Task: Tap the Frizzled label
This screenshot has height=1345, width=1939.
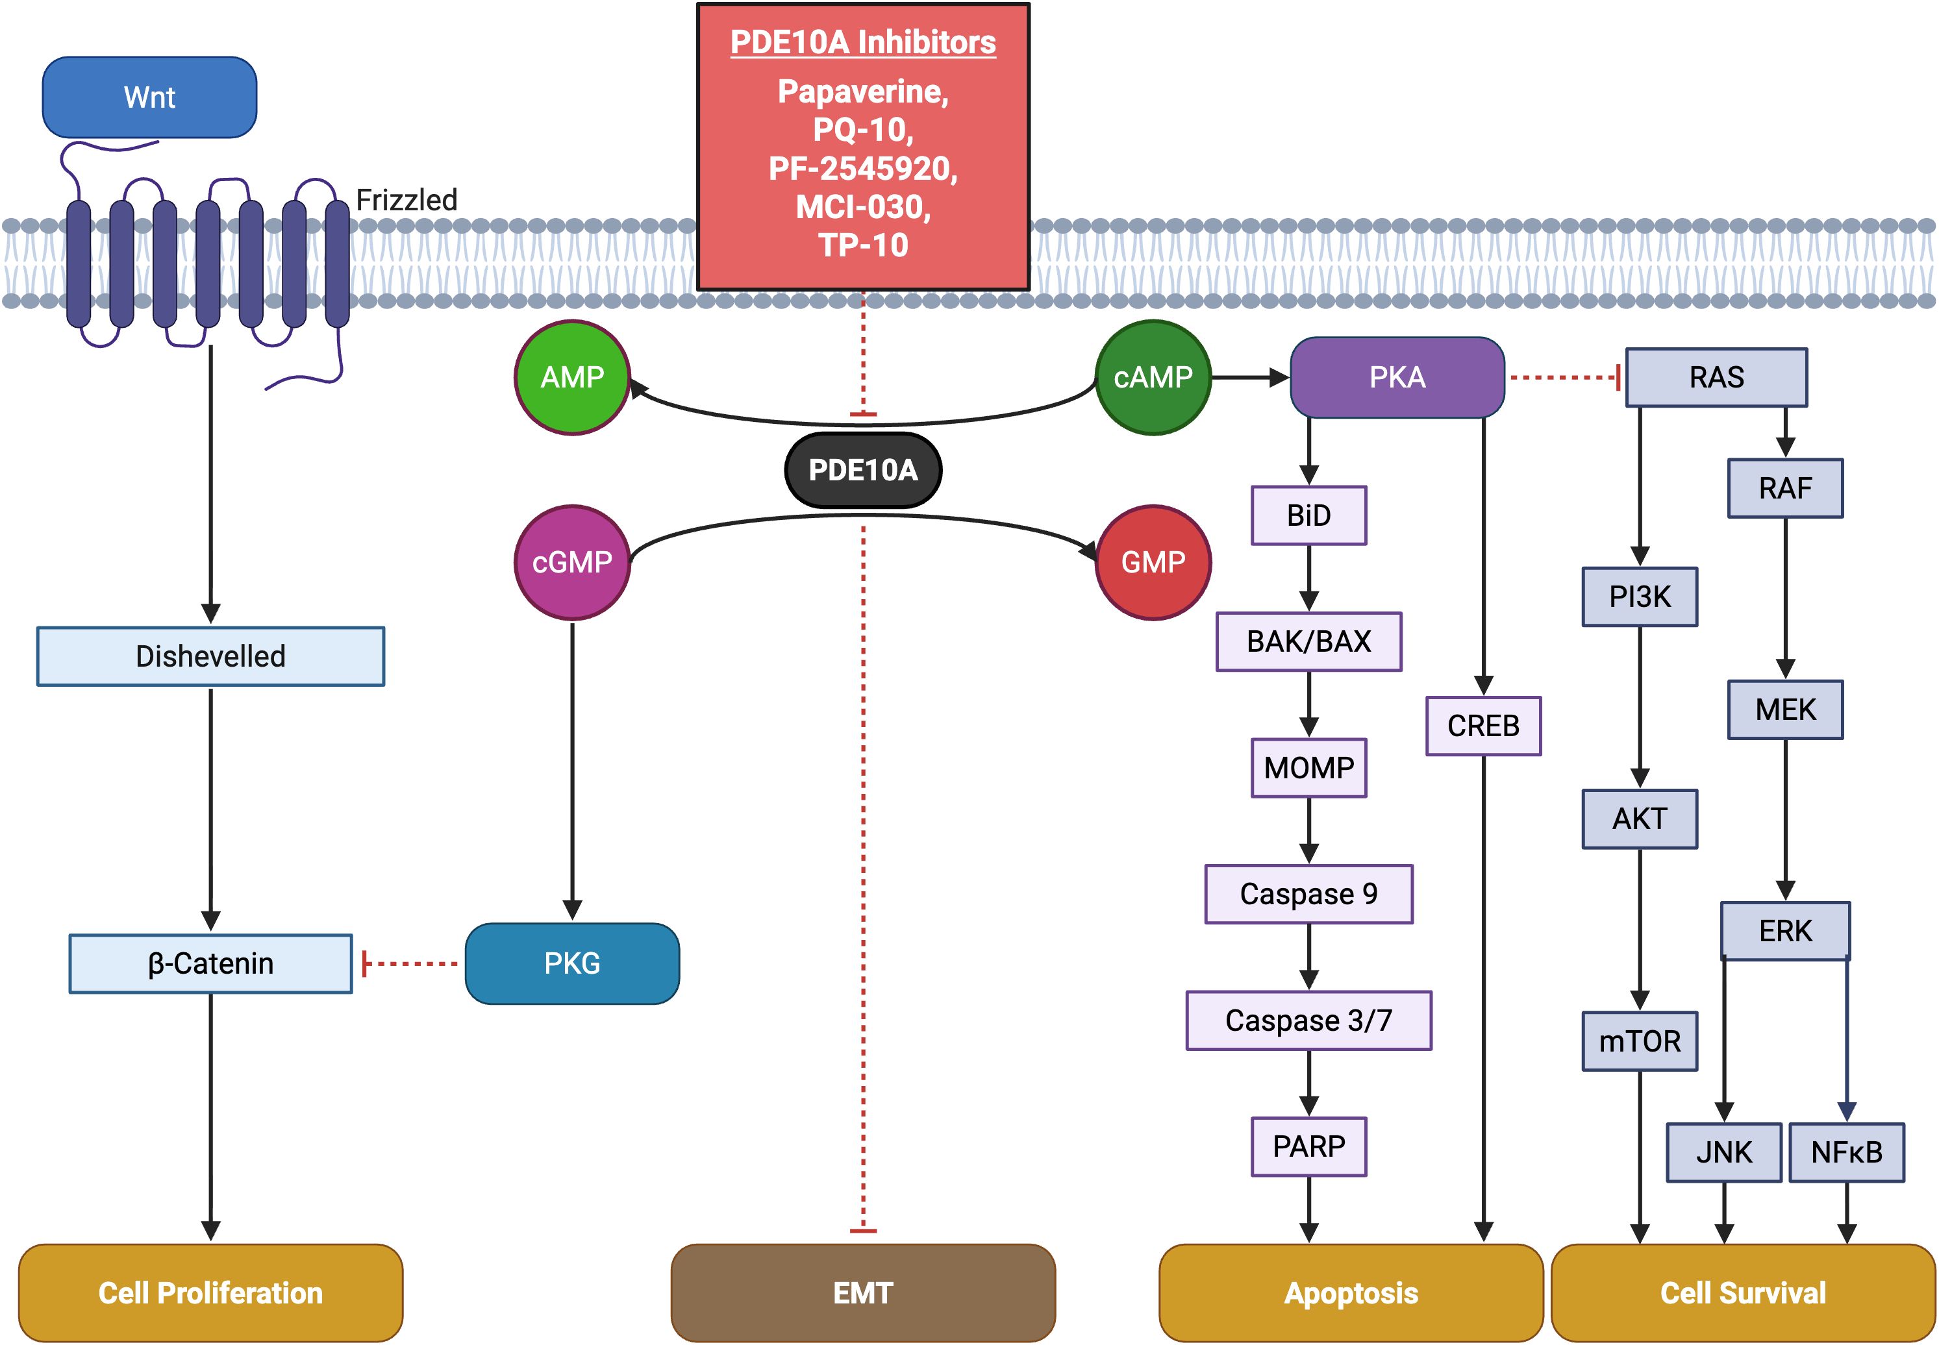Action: (x=407, y=200)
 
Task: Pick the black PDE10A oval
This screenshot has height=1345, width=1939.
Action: (x=862, y=469)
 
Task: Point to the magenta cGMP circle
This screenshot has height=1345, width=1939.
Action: (x=573, y=562)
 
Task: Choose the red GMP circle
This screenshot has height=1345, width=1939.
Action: (x=1153, y=562)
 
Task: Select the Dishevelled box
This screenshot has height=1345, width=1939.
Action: (x=211, y=656)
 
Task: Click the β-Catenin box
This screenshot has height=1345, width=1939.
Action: (x=211, y=963)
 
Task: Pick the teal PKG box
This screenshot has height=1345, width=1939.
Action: (x=573, y=963)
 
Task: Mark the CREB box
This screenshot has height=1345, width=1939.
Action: (x=1483, y=726)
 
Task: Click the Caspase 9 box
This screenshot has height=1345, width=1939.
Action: (x=1308, y=894)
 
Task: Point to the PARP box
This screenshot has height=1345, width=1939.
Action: (x=1308, y=1146)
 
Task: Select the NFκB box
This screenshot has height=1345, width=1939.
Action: (x=1846, y=1152)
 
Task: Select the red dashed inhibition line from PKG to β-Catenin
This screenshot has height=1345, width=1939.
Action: (x=410, y=963)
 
